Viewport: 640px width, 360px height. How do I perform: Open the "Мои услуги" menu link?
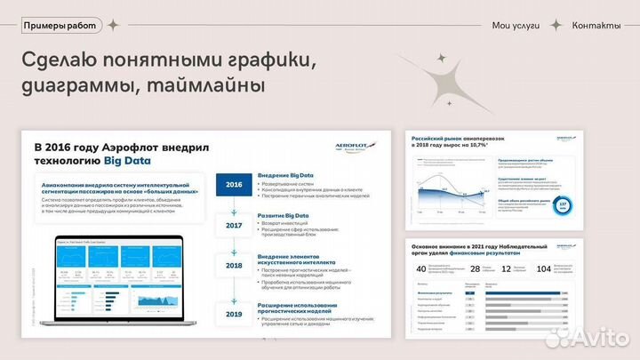(x=516, y=25)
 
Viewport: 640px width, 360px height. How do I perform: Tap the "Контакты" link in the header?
(x=596, y=25)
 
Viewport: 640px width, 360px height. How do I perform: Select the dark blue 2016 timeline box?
(x=234, y=185)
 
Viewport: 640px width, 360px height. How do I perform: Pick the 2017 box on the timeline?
(x=234, y=226)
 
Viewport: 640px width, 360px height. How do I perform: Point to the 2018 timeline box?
(x=234, y=266)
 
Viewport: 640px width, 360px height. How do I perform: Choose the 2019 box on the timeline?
(x=234, y=314)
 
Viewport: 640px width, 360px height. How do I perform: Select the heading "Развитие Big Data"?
(x=288, y=216)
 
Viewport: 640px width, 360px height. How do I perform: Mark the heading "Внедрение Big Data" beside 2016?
(x=290, y=176)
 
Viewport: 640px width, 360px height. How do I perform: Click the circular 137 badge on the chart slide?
(x=564, y=208)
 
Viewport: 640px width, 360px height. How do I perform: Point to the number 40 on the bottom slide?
(x=421, y=269)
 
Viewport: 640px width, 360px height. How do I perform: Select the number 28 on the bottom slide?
(x=476, y=269)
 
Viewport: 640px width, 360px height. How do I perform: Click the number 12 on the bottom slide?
(x=506, y=269)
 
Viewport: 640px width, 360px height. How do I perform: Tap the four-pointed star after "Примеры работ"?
(x=113, y=25)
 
